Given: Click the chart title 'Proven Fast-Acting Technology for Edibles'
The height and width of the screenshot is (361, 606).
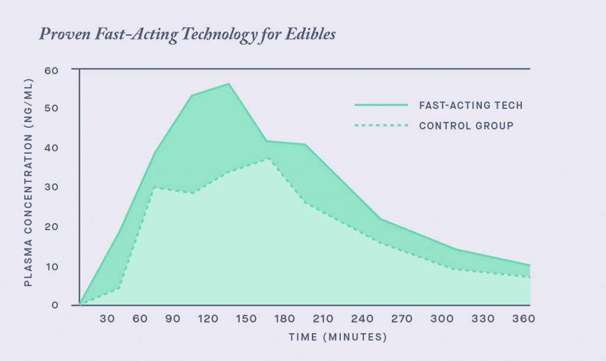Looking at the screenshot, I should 187,35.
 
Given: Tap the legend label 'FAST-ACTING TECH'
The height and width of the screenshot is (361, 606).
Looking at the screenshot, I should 471,105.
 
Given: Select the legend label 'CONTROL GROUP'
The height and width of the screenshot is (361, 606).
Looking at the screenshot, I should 466,125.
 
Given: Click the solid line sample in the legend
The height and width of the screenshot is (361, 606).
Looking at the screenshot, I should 382,105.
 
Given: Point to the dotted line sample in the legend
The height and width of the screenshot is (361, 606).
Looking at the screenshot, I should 382,125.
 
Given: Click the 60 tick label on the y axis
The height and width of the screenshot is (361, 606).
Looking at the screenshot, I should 52,70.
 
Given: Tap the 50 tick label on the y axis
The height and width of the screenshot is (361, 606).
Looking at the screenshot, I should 52,109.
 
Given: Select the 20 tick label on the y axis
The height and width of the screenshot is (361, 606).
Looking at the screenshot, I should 52,227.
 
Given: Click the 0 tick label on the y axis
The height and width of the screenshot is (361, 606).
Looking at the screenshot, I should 55,305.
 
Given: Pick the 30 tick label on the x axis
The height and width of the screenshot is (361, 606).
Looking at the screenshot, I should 107,319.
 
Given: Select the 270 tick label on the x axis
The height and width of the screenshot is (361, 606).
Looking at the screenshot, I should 401,319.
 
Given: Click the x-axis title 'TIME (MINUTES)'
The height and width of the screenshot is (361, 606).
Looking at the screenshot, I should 337,337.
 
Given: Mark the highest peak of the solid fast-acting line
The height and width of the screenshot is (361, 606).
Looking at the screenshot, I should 228,83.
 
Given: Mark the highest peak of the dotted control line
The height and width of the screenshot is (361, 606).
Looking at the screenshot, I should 269,158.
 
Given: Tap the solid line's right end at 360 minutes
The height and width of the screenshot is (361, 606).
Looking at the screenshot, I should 530,265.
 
